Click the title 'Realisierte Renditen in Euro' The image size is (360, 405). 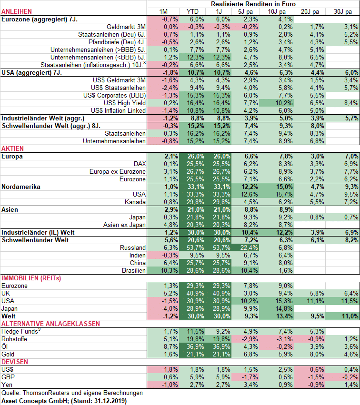[x=253, y=4]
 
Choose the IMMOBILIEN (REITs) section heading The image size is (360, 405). [x=31, y=278]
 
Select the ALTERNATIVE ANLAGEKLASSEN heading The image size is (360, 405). [x=50, y=324]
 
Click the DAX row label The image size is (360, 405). [x=140, y=164]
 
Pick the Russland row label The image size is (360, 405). [x=134, y=247]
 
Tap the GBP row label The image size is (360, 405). [x=8, y=377]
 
